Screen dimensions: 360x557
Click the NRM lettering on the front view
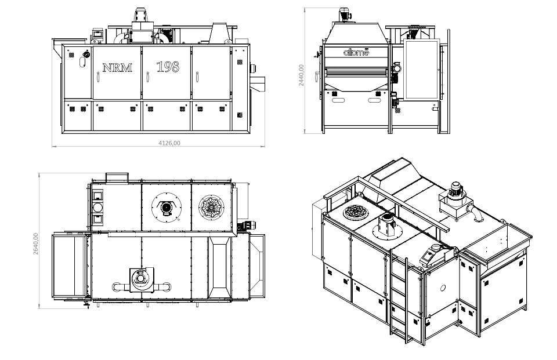tap(117, 67)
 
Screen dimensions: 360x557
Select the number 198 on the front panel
tap(168, 67)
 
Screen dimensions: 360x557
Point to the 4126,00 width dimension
tap(158, 143)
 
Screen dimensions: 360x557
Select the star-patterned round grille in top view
tap(209, 206)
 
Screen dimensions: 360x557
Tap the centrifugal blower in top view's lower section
tap(139, 279)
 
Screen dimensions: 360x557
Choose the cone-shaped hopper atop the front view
tap(219, 32)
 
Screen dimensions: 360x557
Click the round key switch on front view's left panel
tap(86, 55)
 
